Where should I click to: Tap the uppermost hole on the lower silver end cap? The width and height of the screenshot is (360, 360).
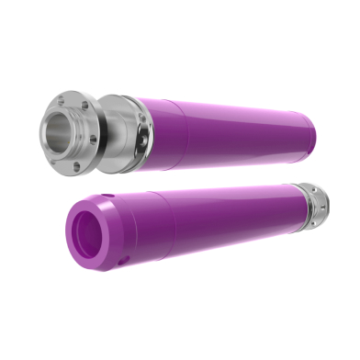(x=312, y=189)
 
